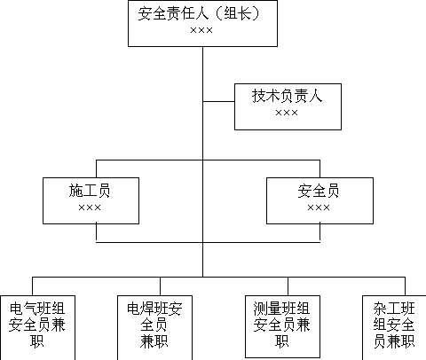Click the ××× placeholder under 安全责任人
(x=201, y=30)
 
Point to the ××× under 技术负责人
(x=287, y=113)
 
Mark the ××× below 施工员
(x=90, y=207)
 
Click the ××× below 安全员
(x=319, y=207)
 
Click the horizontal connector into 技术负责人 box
(x=218, y=101)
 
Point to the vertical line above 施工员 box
(x=96, y=169)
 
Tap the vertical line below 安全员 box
(x=319, y=233)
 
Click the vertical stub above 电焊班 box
(x=160, y=286)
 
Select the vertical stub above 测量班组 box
(x=288, y=286)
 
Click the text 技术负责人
(x=287, y=96)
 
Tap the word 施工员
(x=90, y=191)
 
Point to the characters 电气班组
(x=37, y=309)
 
